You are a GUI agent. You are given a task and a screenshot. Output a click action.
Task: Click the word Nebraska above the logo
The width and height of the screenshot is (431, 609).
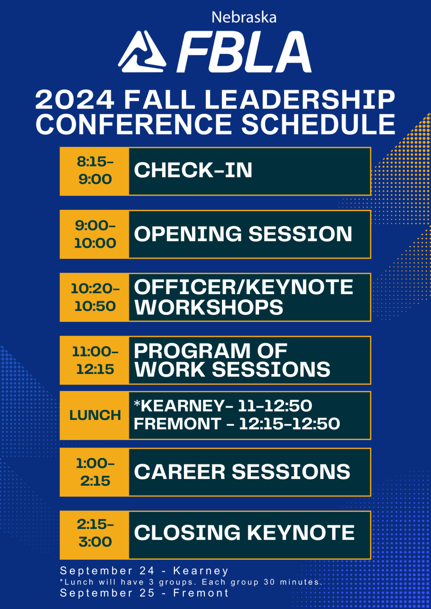[x=244, y=17]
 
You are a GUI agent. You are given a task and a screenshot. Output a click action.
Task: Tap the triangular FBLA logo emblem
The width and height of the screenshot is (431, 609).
[x=142, y=52]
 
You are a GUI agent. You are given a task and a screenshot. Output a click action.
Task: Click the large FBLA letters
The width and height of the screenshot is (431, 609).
[x=244, y=52]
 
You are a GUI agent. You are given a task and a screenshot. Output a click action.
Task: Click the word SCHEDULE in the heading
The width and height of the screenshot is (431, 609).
[x=318, y=124]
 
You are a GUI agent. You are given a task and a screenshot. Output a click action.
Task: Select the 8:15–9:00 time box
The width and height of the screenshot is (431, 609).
[x=95, y=171]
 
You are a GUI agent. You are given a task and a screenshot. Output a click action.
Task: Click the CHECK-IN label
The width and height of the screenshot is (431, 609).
[x=193, y=170]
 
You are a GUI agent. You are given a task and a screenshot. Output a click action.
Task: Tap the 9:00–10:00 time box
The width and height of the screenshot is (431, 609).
[x=95, y=234]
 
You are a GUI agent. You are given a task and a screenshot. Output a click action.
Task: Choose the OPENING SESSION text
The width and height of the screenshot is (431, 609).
[x=243, y=234]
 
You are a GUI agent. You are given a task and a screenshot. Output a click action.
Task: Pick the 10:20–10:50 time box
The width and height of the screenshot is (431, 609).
[x=95, y=297]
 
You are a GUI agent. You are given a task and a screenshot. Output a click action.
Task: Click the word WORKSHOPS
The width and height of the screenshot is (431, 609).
[x=209, y=307]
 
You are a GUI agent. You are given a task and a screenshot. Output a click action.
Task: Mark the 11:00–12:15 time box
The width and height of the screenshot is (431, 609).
[x=95, y=360]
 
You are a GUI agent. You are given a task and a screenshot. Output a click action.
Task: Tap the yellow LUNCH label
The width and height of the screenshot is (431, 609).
[x=95, y=415]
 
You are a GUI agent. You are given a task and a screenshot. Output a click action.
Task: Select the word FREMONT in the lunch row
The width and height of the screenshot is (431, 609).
[x=177, y=424]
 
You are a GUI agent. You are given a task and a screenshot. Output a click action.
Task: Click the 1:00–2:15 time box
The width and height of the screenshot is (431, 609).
[x=95, y=472]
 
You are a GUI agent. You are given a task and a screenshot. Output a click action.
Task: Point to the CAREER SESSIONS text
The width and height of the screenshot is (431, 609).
[x=242, y=472]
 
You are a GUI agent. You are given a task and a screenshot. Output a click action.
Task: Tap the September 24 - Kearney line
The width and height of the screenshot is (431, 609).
[x=144, y=571]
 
